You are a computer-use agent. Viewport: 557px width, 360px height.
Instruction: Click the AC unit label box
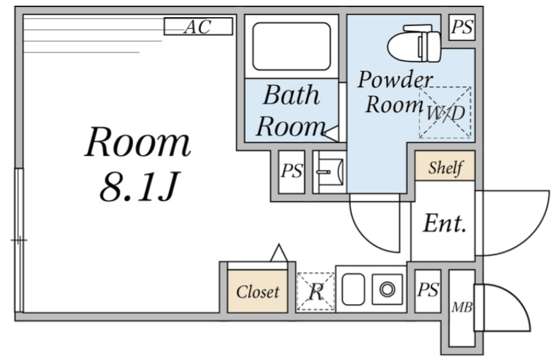click(x=198, y=26)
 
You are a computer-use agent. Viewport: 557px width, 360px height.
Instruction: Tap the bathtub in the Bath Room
click(x=292, y=46)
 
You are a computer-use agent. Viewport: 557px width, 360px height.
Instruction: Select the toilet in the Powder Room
click(x=414, y=43)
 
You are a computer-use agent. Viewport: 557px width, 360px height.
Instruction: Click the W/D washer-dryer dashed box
click(x=445, y=112)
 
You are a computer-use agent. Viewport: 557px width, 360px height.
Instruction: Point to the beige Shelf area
click(x=445, y=166)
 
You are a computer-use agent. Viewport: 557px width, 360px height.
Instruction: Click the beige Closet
click(x=258, y=291)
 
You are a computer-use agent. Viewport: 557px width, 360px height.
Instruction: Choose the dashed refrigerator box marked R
click(x=316, y=292)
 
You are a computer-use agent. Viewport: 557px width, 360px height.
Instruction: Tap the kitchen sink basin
click(x=353, y=289)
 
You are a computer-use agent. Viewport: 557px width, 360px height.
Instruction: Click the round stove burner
click(x=387, y=289)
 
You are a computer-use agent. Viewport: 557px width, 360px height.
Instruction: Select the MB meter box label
click(x=462, y=307)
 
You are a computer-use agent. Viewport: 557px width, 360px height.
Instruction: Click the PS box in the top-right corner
click(x=462, y=27)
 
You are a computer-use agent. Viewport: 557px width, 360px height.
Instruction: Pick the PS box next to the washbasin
click(x=292, y=172)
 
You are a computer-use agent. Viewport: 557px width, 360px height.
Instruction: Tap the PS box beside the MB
click(x=428, y=291)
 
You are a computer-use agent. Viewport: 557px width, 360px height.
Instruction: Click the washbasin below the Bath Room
click(x=330, y=172)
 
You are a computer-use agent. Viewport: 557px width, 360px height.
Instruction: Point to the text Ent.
click(x=444, y=223)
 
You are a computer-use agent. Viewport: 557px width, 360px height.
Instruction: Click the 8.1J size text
click(x=138, y=187)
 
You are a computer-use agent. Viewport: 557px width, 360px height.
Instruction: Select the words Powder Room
click(x=395, y=92)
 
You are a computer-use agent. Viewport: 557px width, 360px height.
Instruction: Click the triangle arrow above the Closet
click(x=279, y=253)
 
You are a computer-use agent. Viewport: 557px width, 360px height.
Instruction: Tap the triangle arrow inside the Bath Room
click(x=330, y=134)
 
